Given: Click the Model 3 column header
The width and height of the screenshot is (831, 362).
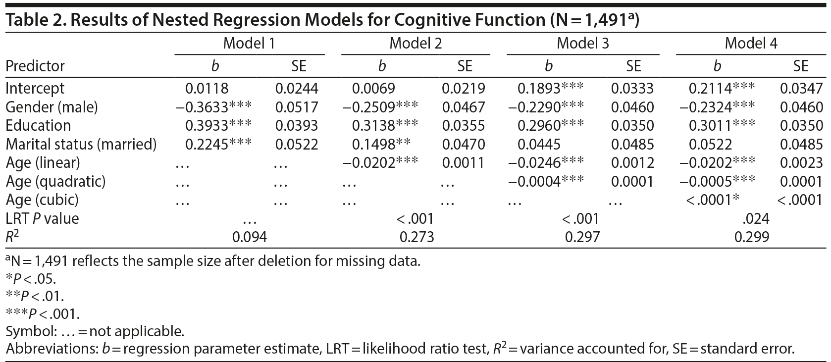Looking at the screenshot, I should [x=583, y=44].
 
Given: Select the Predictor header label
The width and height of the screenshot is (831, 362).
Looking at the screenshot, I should [x=35, y=66].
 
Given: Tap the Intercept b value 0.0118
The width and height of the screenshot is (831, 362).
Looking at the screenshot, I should [x=207, y=89].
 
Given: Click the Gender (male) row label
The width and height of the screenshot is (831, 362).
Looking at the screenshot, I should [x=52, y=107].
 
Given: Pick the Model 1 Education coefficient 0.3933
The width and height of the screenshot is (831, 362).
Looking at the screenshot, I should [x=207, y=126].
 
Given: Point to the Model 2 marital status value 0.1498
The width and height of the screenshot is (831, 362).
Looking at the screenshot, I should [x=373, y=144].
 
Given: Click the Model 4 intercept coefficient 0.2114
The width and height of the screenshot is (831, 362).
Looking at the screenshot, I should [x=710, y=89].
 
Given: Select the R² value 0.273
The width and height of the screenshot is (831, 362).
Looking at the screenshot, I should [x=416, y=237].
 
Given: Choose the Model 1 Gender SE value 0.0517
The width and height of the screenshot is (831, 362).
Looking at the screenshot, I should [x=297, y=107].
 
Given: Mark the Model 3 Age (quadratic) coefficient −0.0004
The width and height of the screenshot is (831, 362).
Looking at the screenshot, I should [x=535, y=181].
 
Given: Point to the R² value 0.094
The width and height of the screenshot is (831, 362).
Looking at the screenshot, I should [x=250, y=237].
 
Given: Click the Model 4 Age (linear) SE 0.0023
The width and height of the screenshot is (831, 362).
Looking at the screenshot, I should [x=801, y=163].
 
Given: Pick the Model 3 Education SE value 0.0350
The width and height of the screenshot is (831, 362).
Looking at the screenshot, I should [x=632, y=126].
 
